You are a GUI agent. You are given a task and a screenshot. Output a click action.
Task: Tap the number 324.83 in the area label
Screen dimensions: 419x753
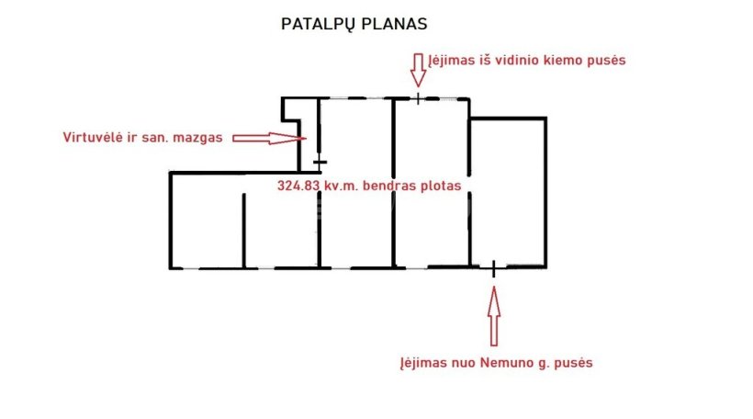point(298,185)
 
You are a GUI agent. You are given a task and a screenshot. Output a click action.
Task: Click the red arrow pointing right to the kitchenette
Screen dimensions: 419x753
point(266,138)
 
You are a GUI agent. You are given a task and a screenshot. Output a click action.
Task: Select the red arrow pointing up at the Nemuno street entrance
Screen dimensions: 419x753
point(494,312)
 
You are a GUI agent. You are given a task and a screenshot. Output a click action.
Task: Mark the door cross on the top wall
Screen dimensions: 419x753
point(418,97)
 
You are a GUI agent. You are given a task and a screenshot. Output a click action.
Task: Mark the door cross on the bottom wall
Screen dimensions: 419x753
point(494,267)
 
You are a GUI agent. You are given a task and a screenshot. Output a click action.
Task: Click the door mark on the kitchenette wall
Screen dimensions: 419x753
point(319,162)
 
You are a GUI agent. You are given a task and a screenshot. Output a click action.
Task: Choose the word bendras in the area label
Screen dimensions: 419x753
point(391,185)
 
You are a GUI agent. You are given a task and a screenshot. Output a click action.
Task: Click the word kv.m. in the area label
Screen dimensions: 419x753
point(343,185)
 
